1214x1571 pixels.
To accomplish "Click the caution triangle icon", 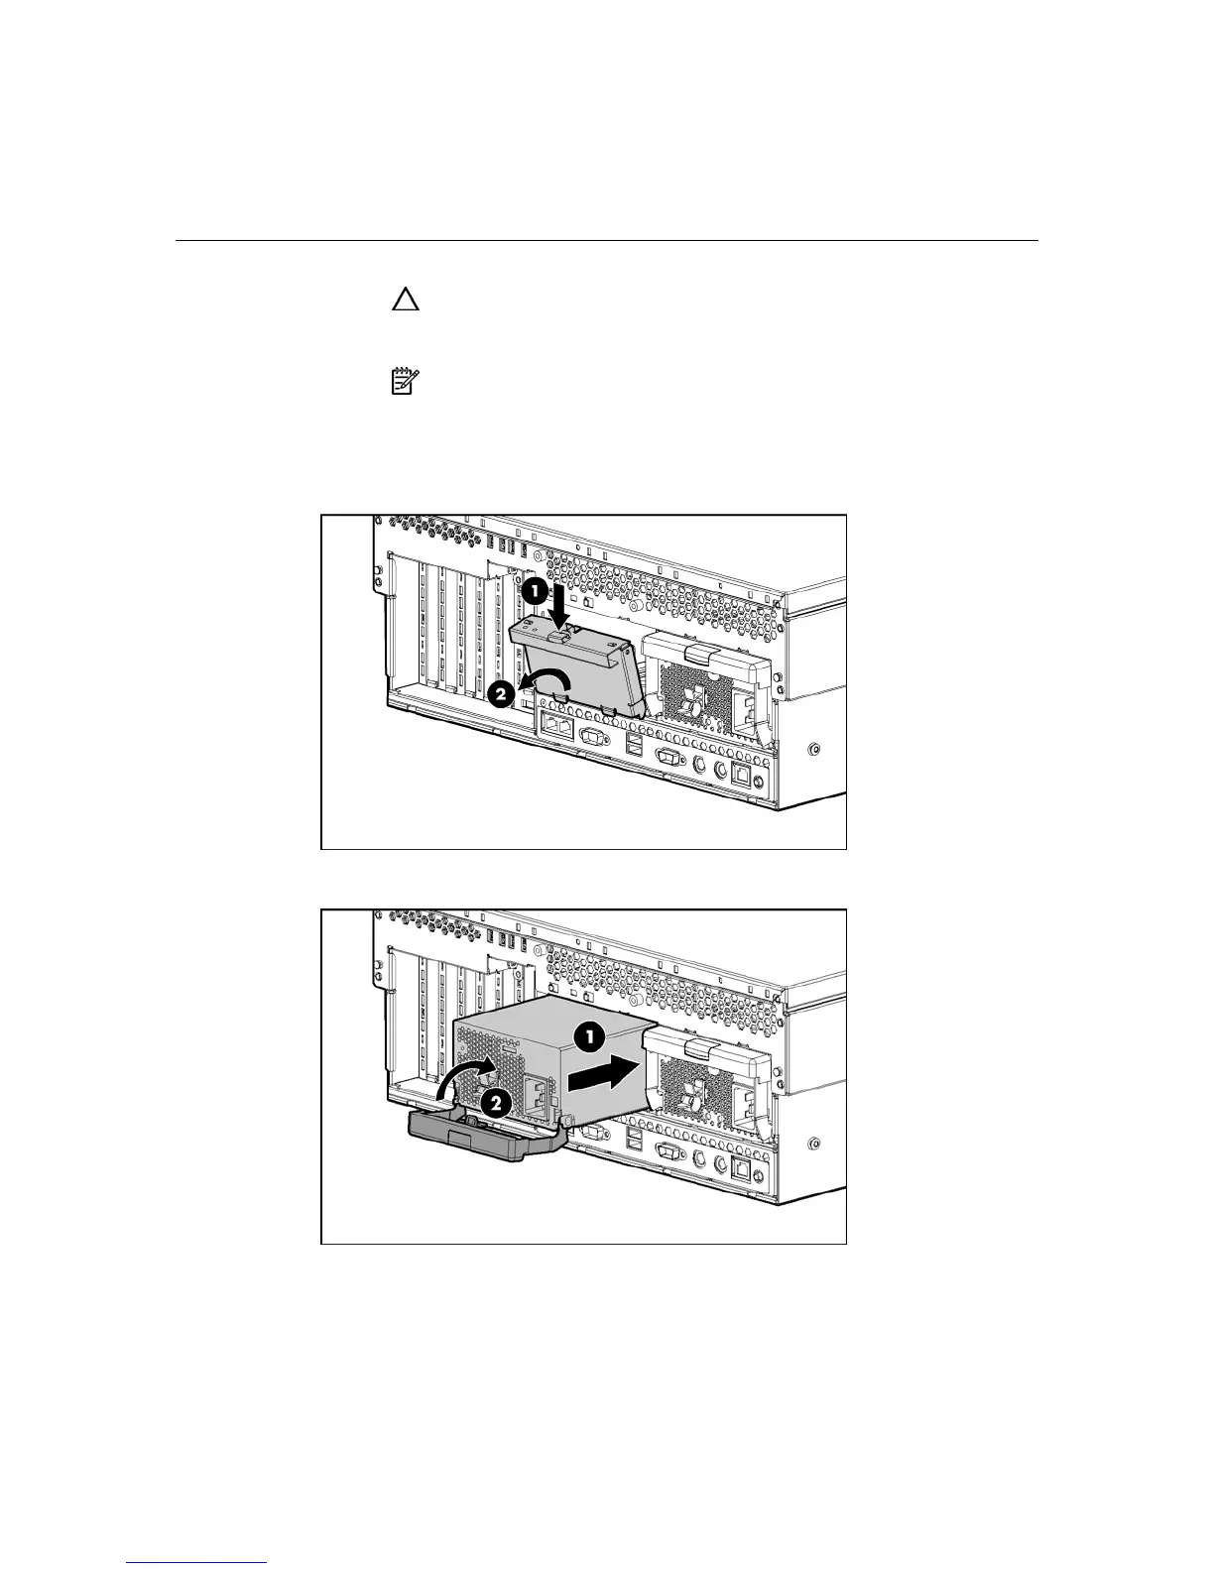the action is pos(405,301).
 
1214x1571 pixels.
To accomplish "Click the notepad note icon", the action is pos(405,382).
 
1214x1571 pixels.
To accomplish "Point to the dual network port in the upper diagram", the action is pos(554,726).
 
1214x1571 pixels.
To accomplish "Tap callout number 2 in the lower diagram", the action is pos(495,1101).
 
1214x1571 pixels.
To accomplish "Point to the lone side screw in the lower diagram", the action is pos(814,1143).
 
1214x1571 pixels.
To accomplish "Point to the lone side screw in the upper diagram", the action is pos(814,748).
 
